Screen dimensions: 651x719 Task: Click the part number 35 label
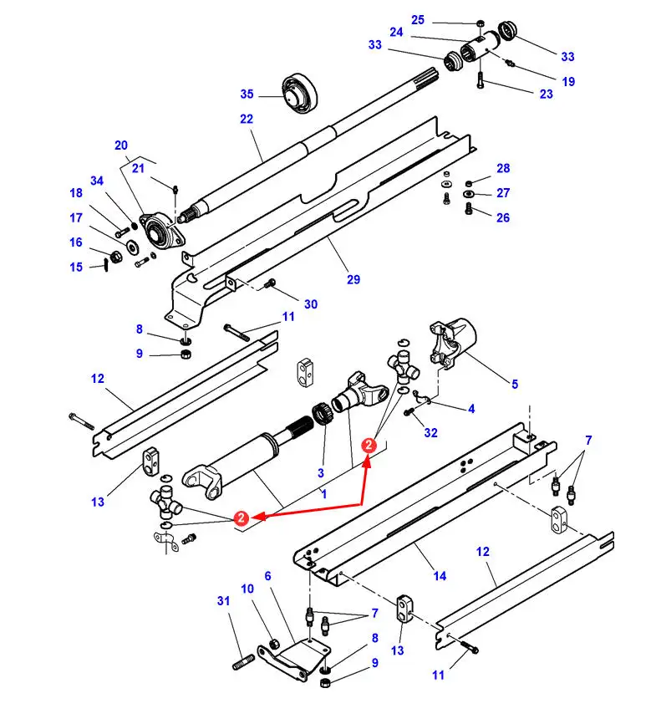tap(247, 94)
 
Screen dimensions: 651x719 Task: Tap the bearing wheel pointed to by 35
tap(300, 93)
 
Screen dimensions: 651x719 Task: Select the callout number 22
tap(247, 119)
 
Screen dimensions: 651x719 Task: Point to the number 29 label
tap(353, 279)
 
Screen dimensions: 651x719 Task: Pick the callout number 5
tap(515, 384)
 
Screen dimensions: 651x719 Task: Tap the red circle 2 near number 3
tap(369, 446)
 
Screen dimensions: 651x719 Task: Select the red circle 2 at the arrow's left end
tap(242, 518)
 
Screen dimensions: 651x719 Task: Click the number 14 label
tap(440, 576)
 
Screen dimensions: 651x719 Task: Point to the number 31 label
tap(223, 600)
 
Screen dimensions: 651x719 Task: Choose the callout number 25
tap(418, 20)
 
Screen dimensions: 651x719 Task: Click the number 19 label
tap(568, 82)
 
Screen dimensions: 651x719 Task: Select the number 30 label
tap(311, 304)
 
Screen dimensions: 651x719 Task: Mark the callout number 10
tap(247, 589)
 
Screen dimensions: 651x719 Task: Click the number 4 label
tap(471, 409)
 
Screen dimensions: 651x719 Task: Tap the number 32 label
tap(431, 432)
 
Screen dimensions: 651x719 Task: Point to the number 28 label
tap(503, 168)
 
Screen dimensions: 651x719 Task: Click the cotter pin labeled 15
tap(106, 264)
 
